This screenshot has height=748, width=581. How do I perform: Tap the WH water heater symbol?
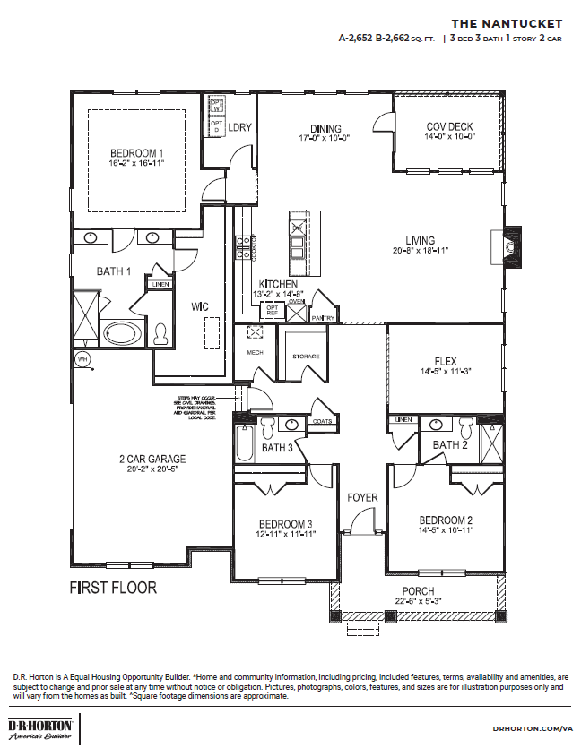click(82, 359)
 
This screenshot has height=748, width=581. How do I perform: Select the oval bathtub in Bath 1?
click(120, 334)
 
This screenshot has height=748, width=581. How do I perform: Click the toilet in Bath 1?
click(161, 334)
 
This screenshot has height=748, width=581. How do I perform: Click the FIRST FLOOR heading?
click(113, 589)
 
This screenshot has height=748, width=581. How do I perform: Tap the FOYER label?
click(362, 497)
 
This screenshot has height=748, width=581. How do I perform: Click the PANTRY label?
click(323, 317)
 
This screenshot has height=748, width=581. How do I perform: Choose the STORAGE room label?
click(305, 357)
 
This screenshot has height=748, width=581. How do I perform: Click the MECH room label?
click(255, 353)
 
